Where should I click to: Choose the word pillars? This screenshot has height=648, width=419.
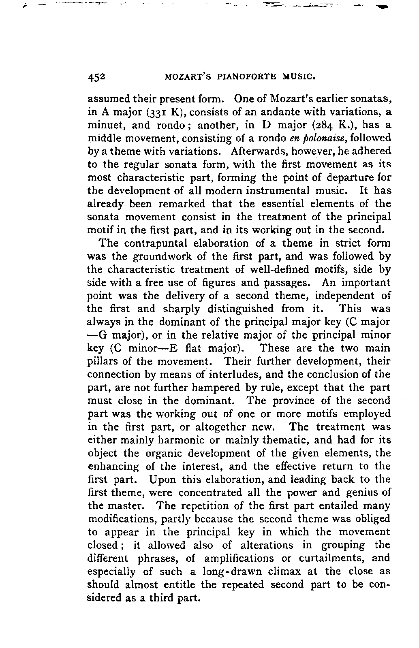coord(101,361)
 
